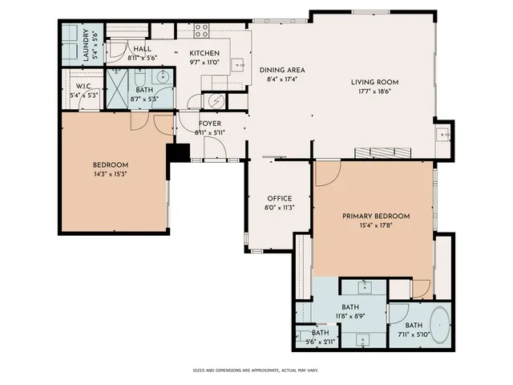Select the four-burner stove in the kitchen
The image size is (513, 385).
[x=201, y=31]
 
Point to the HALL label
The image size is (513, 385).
[x=143, y=49]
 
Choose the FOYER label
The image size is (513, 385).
[x=210, y=123]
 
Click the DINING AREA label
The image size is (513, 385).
[x=281, y=70]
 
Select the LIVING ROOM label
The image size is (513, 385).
[x=374, y=82]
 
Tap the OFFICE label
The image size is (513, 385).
[x=279, y=198]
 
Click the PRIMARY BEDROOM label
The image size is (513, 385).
[x=376, y=216]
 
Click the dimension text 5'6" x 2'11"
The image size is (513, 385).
[x=320, y=342]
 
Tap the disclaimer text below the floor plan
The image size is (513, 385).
[x=256, y=371]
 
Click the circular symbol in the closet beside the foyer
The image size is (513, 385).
[x=215, y=100]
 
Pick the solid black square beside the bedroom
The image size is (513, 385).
[x=178, y=152]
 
